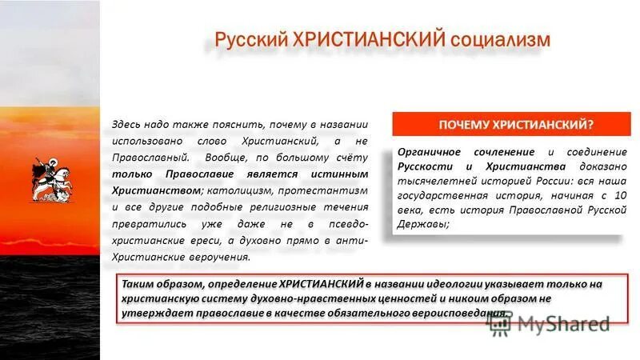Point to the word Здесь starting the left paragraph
click(x=129, y=125)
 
